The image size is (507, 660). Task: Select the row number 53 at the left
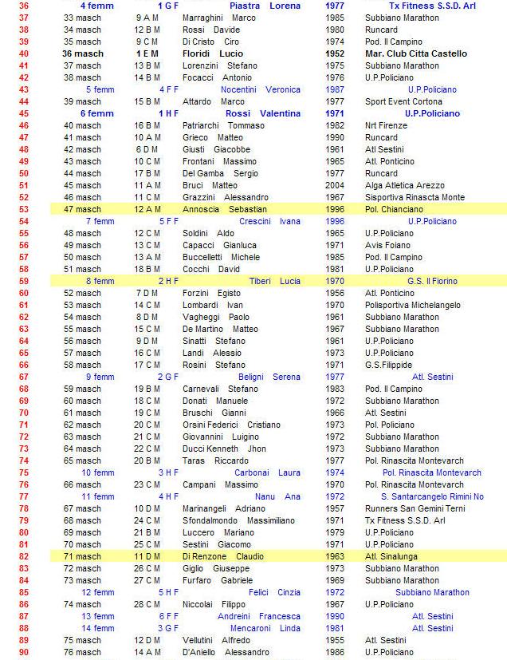pos(24,209)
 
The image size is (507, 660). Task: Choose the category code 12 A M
pos(147,209)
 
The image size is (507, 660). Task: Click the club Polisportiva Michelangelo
pos(413,305)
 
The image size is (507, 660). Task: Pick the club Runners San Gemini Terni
pos(415,508)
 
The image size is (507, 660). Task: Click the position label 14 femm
pos(97,628)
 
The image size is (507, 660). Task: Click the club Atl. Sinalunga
pos(393,556)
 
